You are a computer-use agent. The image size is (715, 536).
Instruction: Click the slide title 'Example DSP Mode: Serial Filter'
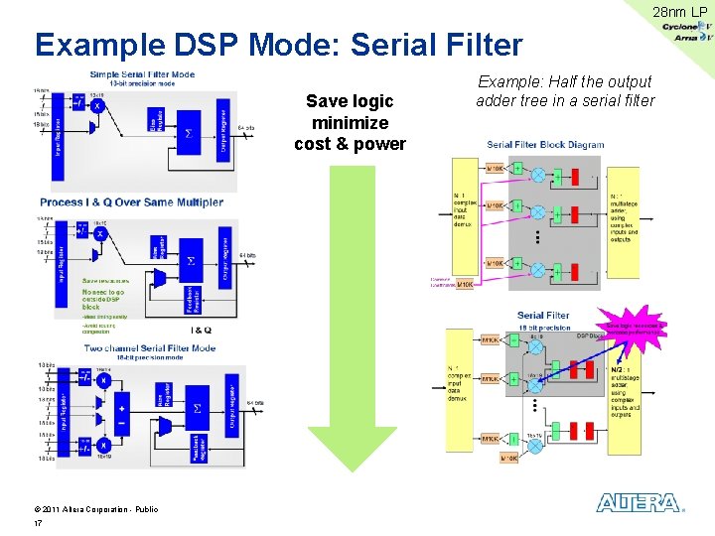click(278, 45)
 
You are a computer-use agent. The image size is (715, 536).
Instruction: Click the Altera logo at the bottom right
click(641, 503)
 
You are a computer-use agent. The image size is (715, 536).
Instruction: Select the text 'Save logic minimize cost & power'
click(350, 122)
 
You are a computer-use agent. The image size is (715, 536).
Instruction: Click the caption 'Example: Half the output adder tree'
click(565, 90)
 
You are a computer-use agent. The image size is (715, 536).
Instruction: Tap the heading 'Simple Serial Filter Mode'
click(142, 74)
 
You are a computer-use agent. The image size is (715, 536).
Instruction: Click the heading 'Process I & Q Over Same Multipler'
click(131, 201)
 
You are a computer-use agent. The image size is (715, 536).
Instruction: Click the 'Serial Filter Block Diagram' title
click(545, 145)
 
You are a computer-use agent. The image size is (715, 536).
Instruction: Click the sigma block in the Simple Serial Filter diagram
click(190, 132)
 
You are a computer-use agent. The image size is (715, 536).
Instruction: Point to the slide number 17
click(38, 523)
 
